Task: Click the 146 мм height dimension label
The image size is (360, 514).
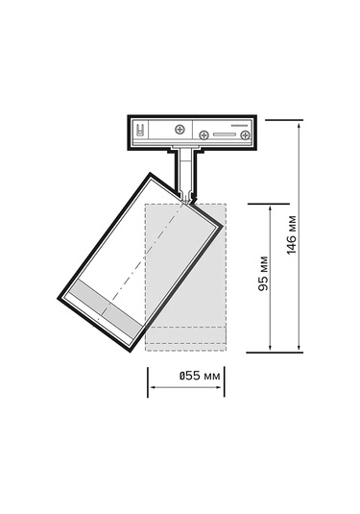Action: pos(291,234)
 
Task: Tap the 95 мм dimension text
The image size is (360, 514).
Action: pos(263,274)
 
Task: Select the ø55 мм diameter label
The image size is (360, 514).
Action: pos(199,376)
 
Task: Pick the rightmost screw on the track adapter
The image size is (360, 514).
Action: pos(245,135)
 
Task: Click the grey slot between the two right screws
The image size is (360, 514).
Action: pos(225,135)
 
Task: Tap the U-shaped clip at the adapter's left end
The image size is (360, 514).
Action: pos(140,130)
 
